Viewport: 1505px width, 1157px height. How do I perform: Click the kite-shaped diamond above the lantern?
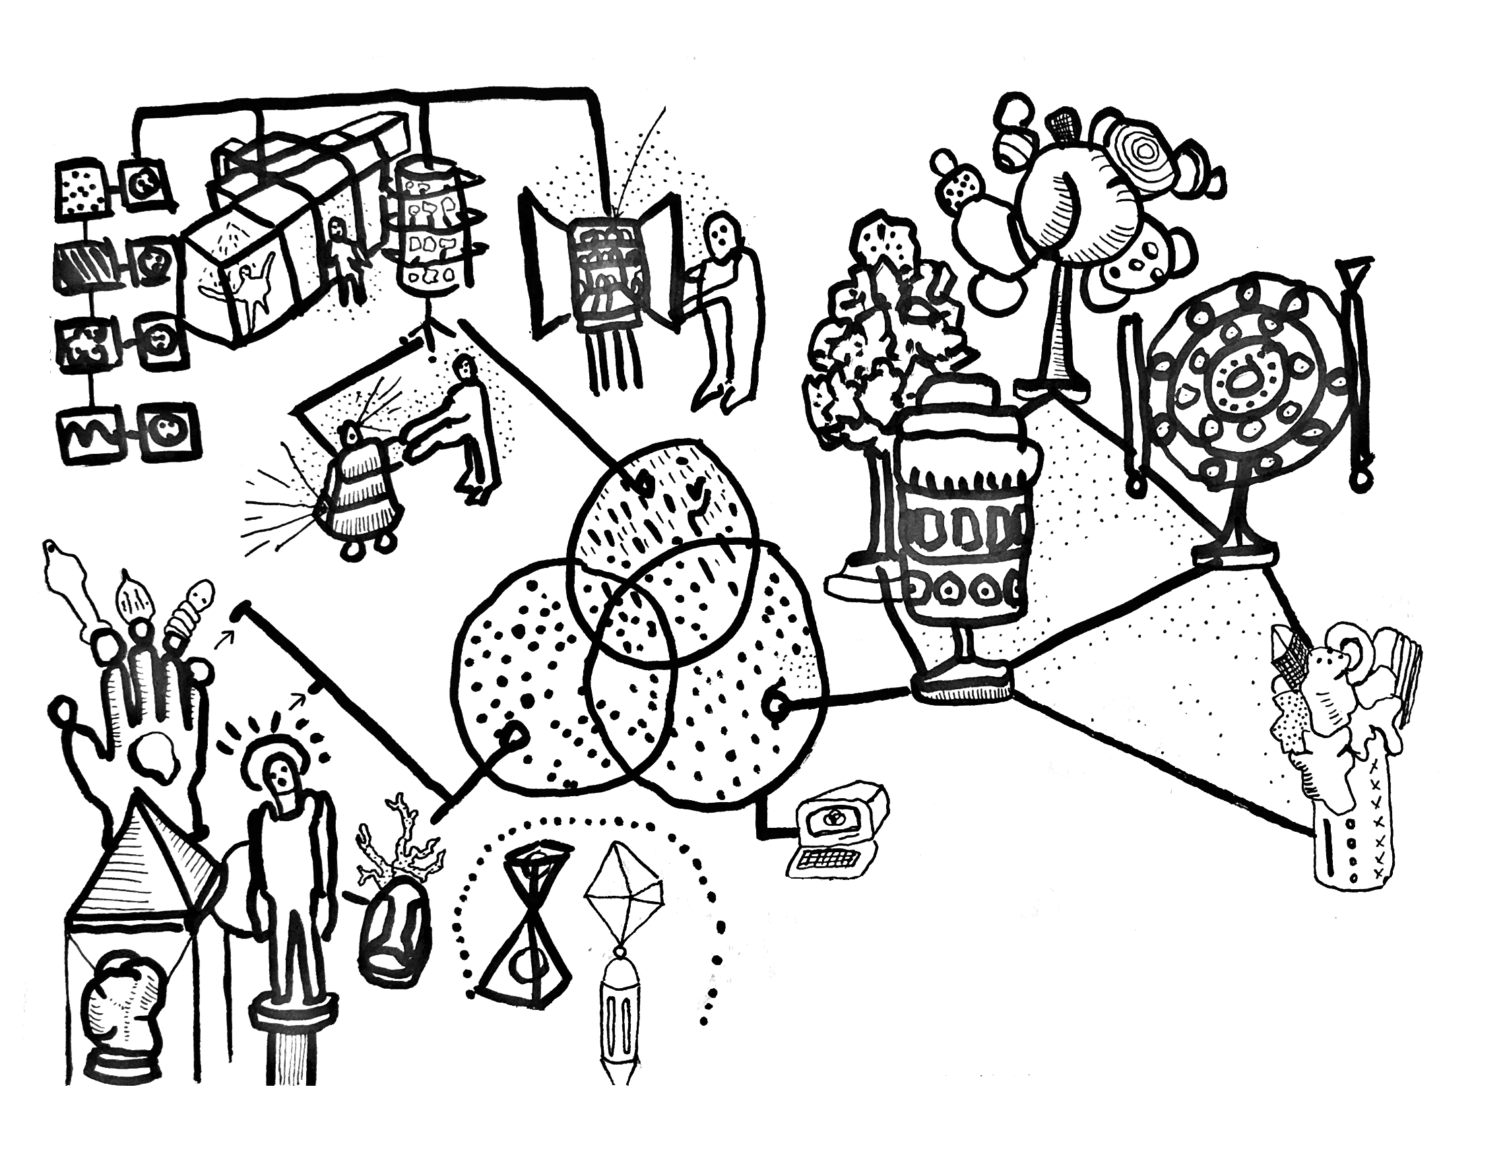[624, 895]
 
